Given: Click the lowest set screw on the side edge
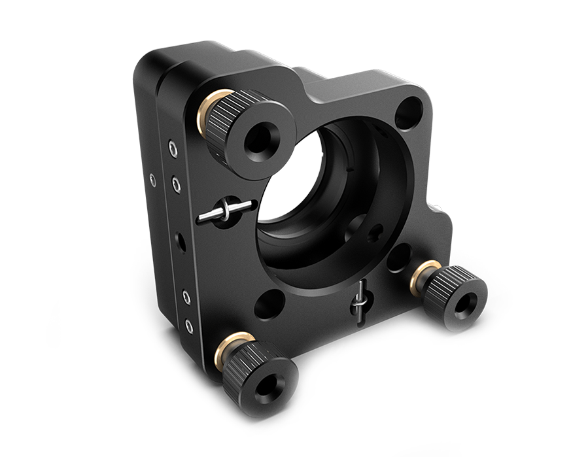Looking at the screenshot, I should point(188,323).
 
